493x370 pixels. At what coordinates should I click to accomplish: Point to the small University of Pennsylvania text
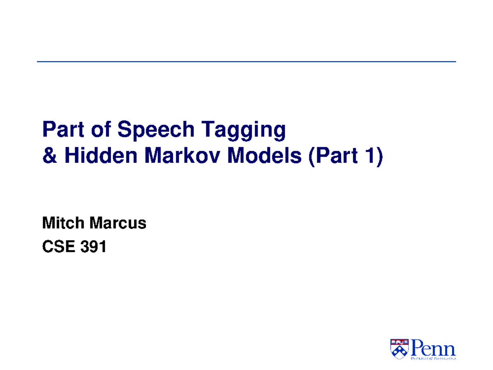click(x=433, y=359)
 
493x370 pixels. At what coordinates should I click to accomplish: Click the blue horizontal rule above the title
click(x=246, y=62)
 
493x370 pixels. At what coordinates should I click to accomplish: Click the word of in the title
click(x=101, y=130)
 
